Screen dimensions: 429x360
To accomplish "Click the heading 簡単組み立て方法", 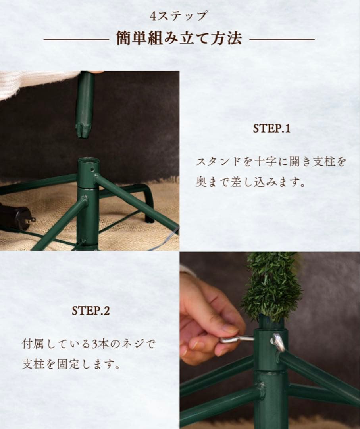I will (x=179, y=39).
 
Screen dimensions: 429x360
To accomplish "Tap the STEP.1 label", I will (x=271, y=129).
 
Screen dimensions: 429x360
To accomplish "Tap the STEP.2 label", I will (x=90, y=311).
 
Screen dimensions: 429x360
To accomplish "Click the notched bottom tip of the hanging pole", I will (x=83, y=131).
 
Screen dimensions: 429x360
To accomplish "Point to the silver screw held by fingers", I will (x=237, y=339).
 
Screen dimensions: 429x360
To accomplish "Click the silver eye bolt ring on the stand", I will (x=278, y=342).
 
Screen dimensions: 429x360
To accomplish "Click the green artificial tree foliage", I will (x=271, y=286).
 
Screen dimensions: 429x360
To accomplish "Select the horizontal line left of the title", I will (x=75, y=39).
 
